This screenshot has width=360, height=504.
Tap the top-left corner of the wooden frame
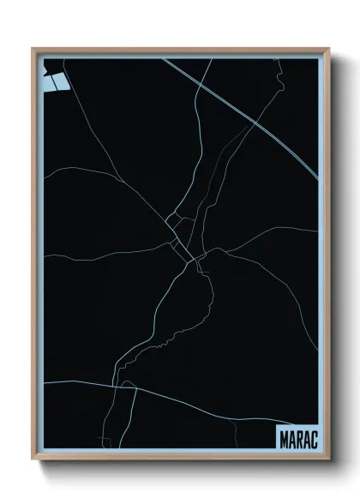point(33,49)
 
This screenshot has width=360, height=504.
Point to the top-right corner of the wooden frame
point(328,49)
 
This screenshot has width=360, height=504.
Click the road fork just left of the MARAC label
point(257,411)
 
